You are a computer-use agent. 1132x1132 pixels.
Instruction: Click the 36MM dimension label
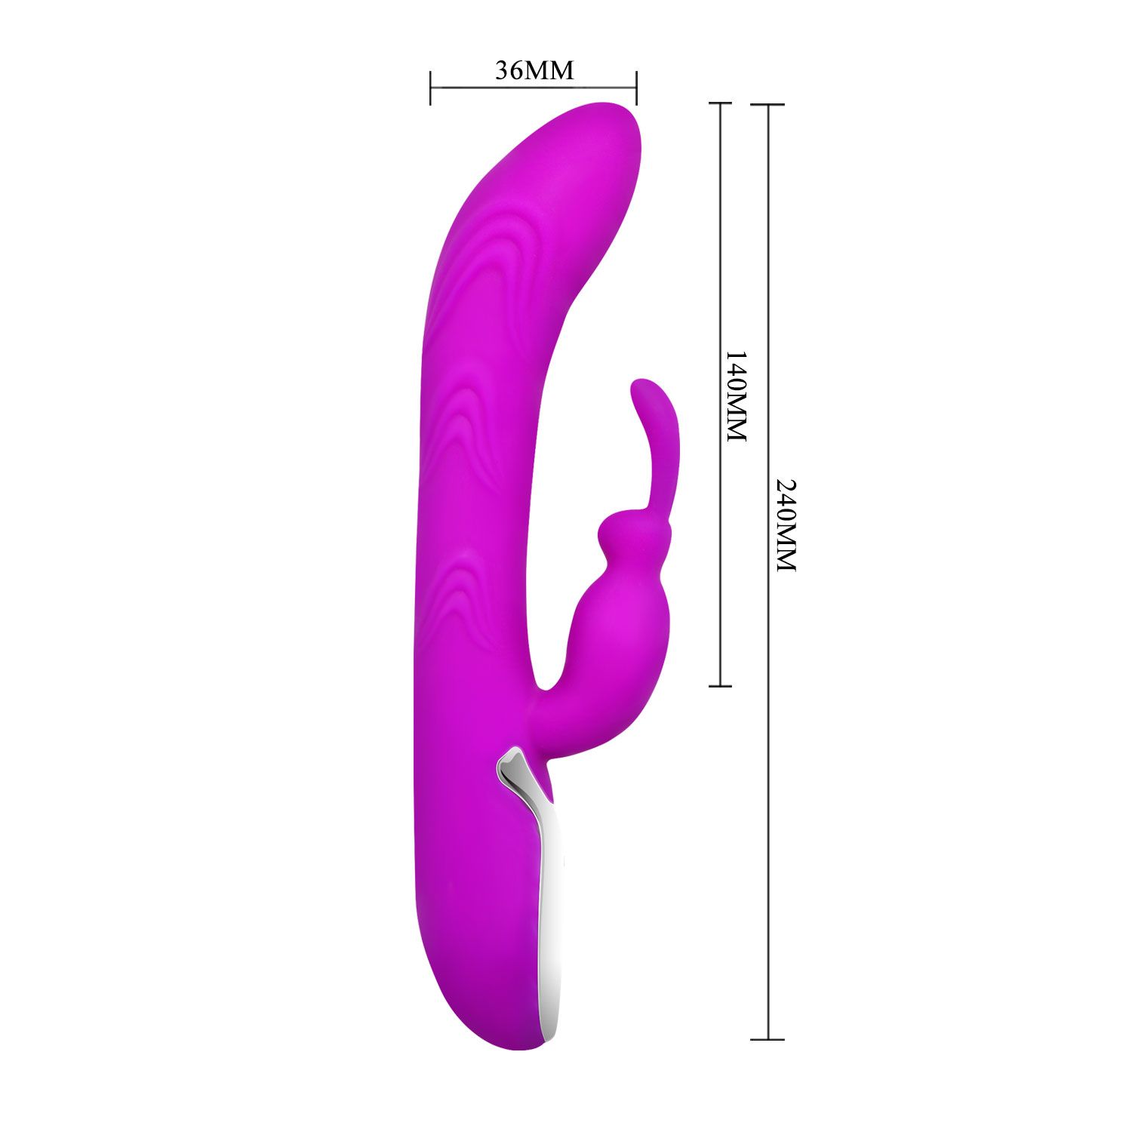[534, 70]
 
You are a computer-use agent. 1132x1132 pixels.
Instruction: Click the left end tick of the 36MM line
[430, 88]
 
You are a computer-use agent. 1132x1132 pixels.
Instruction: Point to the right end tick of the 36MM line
[637, 88]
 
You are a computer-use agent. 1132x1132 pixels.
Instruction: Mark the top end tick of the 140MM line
[721, 103]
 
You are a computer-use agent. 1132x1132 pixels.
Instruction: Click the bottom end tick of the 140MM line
[721, 686]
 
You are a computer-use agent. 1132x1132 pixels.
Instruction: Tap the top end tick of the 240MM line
[768, 104]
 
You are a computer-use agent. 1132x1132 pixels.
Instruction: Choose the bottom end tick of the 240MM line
[768, 1039]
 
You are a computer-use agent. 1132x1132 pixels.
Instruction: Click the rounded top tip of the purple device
[604, 106]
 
